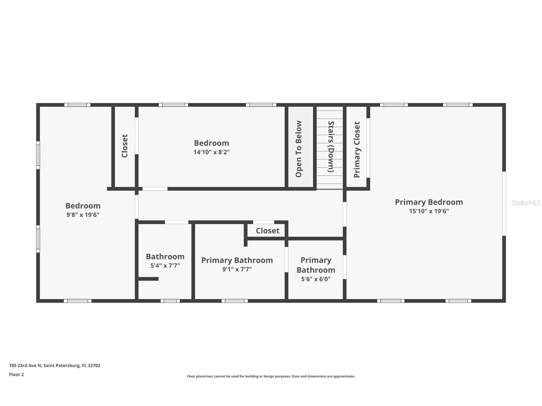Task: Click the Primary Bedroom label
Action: pyautogui.click(x=429, y=202)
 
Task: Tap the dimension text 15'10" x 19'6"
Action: pyautogui.click(x=429, y=211)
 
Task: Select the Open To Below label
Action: pyautogui.click(x=299, y=149)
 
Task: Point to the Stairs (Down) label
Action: pyautogui.click(x=331, y=147)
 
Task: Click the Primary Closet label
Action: pyautogui.click(x=357, y=149)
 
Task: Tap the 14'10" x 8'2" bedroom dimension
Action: pyautogui.click(x=211, y=152)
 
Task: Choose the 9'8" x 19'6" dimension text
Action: pyautogui.click(x=83, y=215)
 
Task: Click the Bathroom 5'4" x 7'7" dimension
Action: pyautogui.click(x=165, y=266)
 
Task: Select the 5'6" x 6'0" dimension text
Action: pyautogui.click(x=316, y=279)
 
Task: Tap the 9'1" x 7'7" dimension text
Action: pyautogui.click(x=237, y=269)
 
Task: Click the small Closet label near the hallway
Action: pyautogui.click(x=268, y=230)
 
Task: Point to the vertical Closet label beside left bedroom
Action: pyautogui.click(x=125, y=146)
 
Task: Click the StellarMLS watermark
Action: pyautogui.click(x=526, y=203)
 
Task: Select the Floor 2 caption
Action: pyautogui.click(x=16, y=374)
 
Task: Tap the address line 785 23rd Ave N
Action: pyautogui.click(x=55, y=365)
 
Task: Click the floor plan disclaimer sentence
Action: pyautogui.click(x=271, y=376)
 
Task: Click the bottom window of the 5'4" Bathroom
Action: pyautogui.click(x=170, y=301)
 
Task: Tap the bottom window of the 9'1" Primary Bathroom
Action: pyautogui.click(x=235, y=301)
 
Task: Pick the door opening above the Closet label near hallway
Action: pyautogui.click(x=263, y=222)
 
